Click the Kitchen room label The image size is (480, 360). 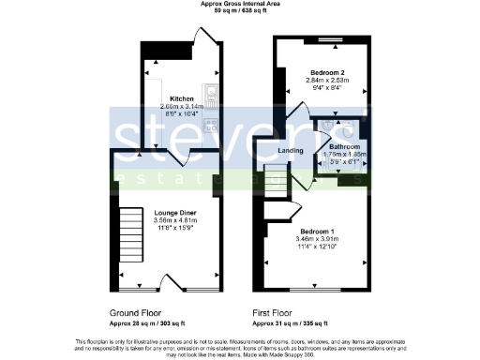coord(182,98)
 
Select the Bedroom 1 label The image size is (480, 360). coord(319,231)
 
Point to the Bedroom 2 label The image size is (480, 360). coord(326,72)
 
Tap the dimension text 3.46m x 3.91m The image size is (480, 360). coord(319,240)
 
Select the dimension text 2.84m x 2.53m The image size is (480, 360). coord(326,81)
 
